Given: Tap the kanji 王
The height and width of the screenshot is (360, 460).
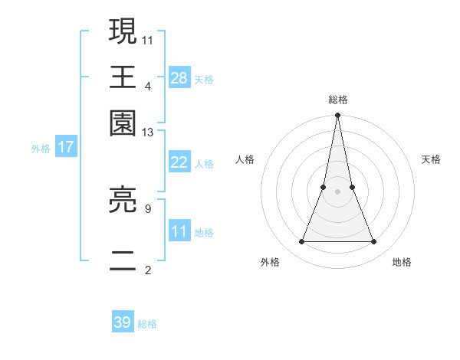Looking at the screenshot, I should point(123,77).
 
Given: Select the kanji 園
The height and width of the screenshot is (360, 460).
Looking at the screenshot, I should point(123,123).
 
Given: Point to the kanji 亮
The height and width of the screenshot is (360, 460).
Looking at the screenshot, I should point(123,201).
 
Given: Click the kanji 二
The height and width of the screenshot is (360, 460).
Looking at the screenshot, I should point(123,257).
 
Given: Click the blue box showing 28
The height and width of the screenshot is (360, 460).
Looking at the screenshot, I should point(179,77).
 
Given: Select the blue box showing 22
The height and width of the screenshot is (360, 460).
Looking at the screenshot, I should point(179,162).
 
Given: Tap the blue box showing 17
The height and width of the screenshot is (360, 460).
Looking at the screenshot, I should point(65,147).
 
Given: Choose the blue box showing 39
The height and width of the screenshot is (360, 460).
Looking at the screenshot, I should point(123,322).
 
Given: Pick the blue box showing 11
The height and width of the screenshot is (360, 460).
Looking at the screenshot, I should point(179,231).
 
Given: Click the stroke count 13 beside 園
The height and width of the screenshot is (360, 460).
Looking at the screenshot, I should point(148,133).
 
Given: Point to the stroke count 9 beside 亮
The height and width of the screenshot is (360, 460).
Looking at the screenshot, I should point(148,207).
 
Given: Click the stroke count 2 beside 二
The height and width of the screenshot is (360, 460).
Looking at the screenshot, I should point(148,269).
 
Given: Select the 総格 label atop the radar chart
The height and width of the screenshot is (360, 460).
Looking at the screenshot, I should point(337,100).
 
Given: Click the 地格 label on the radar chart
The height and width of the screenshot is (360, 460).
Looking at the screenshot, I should point(402,262).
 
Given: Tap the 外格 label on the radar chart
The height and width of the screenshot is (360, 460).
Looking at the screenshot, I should point(270,262).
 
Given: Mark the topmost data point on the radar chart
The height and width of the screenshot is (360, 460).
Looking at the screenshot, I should point(337,116).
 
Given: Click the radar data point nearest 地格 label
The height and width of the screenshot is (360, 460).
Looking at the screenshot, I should point(374,242).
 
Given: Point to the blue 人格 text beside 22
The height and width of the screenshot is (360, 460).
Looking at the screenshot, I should point(204,164).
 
